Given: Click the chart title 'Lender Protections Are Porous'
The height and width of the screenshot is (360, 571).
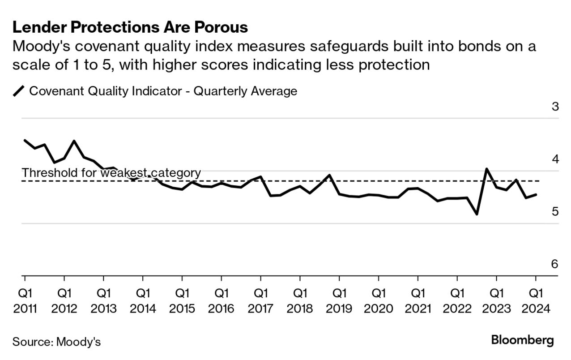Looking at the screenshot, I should pyautogui.click(x=130, y=27).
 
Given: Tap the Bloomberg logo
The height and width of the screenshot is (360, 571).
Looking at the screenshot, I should pyautogui.click(x=522, y=340).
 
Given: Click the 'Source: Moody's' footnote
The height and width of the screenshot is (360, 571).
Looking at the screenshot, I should pyautogui.click(x=56, y=342).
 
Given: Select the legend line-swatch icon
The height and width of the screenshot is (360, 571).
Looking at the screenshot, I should pyautogui.click(x=19, y=91).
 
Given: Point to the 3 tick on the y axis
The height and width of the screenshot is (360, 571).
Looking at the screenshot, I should pyautogui.click(x=555, y=107).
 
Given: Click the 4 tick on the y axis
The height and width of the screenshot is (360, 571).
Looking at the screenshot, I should pyautogui.click(x=555, y=159).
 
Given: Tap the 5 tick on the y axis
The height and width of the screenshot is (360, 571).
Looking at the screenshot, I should pyautogui.click(x=555, y=211).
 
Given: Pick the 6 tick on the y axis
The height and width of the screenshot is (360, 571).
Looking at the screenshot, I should pyautogui.click(x=555, y=264).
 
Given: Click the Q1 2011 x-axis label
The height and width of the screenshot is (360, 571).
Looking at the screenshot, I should pyautogui.click(x=25, y=301).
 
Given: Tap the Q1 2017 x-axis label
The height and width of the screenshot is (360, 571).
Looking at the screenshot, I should pyautogui.click(x=260, y=301).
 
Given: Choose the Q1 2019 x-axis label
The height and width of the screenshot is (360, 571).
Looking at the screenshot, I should pyautogui.click(x=339, y=301).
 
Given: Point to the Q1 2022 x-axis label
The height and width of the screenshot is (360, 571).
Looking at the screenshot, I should pyautogui.click(x=457, y=301).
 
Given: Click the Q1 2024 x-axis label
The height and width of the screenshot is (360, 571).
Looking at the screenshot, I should pyautogui.click(x=536, y=301).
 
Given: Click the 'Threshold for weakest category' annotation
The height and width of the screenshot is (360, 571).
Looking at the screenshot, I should pyautogui.click(x=111, y=173).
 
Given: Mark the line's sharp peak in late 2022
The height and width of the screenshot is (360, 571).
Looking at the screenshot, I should pyautogui.click(x=486, y=169).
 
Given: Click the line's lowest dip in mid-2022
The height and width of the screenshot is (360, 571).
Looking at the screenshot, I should pyautogui.click(x=477, y=214).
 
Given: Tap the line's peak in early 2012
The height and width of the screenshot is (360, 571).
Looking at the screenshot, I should pyautogui.click(x=74, y=141).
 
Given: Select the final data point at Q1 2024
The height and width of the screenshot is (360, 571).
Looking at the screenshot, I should pyautogui.click(x=536, y=194).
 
